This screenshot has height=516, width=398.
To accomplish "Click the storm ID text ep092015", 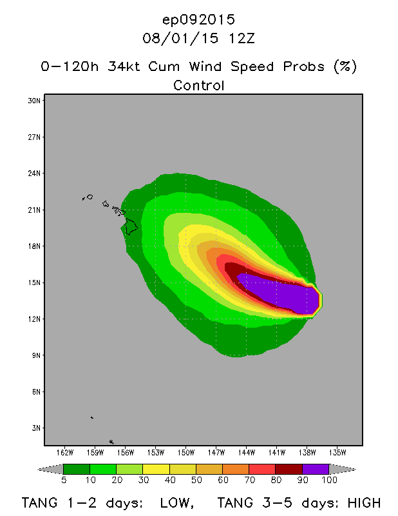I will pos(199,19).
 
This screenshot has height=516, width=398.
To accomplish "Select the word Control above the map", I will pos(199,85).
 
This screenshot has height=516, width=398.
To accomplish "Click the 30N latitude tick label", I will pos(33,101).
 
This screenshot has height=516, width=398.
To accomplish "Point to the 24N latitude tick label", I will pos(33,174).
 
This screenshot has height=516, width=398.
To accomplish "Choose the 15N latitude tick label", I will pos(33,283).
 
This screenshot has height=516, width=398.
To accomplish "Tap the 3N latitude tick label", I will pos(35,428).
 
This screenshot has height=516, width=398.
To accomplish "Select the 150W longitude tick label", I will pos(186,451).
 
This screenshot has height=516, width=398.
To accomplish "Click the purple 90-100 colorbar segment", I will pos(316,469).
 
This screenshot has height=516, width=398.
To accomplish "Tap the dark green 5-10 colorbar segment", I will pos(77,469).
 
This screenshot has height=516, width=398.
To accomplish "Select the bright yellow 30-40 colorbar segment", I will pos(156,469).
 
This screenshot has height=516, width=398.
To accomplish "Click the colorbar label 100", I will pos(329,481).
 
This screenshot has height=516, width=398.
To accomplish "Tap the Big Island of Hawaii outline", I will pos(131,226).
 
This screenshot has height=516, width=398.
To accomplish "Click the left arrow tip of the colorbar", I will pos(41,469).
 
